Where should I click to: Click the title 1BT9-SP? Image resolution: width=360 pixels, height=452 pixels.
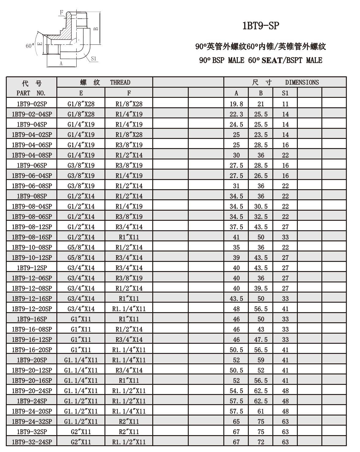pos(261,26)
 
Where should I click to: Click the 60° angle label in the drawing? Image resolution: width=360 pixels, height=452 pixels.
pos(30,46)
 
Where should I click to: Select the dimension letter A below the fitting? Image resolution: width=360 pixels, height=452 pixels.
pos(61,64)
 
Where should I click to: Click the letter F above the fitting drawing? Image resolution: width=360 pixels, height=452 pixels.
pos(62,13)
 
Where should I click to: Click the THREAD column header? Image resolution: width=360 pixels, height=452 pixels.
pos(120,82)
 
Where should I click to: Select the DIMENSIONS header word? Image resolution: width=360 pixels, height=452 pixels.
pos(302,82)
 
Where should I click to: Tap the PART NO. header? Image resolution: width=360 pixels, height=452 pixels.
pos(31,93)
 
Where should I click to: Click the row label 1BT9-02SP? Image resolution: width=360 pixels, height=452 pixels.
pos(32,104)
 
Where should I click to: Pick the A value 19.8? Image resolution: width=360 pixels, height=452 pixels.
pos(236,104)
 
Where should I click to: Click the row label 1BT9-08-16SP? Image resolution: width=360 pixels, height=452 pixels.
pos(32,237)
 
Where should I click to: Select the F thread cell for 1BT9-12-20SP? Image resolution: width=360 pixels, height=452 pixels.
pos(129,309)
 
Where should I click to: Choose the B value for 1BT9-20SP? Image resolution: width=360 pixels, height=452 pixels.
pos(261,360)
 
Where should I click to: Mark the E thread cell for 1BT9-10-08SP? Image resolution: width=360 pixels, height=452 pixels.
pos(81,247)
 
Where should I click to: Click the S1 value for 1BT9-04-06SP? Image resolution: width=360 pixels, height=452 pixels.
pos(285,145)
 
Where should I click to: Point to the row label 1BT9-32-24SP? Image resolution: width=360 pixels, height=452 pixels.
pos(32,442)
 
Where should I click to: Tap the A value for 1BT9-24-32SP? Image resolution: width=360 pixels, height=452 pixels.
pos(236,421)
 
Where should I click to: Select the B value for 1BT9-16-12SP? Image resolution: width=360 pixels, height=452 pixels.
pos(261,339)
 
